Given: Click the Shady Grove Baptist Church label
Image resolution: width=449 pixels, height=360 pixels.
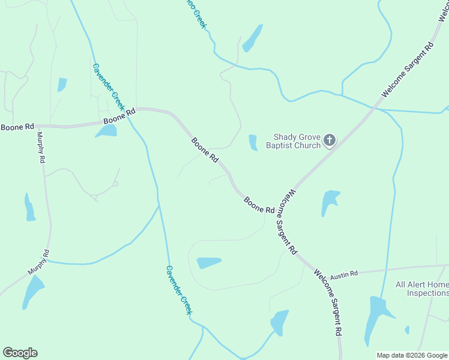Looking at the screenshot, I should pyautogui.click(x=297, y=141).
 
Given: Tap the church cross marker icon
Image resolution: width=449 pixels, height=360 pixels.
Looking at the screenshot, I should pyautogui.click(x=329, y=141).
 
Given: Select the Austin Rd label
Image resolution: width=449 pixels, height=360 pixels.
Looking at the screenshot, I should pyautogui.click(x=344, y=273).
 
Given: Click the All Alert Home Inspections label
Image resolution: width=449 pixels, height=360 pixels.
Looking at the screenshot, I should pyautogui.click(x=421, y=289).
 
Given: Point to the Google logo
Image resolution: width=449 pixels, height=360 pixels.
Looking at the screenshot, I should pyautogui.click(x=20, y=353).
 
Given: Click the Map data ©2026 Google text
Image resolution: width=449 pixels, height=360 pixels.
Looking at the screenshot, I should pyautogui.click(x=412, y=355).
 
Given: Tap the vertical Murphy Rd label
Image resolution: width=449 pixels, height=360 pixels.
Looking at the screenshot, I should pyautogui.click(x=41, y=148).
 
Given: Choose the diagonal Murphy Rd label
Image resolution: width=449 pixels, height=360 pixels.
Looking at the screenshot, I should pyautogui.click(x=38, y=263).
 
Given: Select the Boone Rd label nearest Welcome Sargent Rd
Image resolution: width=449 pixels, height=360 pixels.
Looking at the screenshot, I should pyautogui.click(x=259, y=205).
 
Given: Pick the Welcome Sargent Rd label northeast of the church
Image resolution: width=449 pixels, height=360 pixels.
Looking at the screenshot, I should pyautogui.click(x=408, y=70).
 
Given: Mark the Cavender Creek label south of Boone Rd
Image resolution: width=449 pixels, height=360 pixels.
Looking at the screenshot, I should pyautogui.click(x=179, y=290).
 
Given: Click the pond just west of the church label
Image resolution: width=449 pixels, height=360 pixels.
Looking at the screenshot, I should pyautogui.click(x=253, y=143).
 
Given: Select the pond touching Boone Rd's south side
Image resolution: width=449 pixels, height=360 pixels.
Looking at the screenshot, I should pyautogui.click(x=106, y=131).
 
